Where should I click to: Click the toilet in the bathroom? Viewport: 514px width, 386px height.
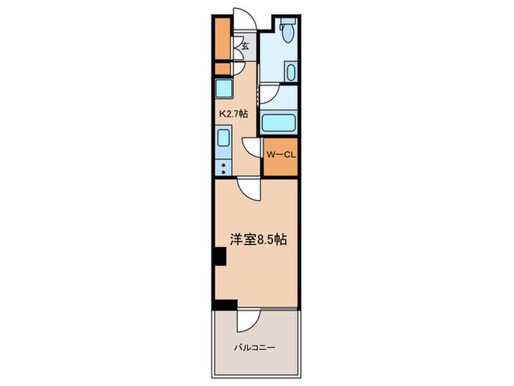[288, 31]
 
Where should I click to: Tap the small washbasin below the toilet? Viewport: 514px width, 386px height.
[290, 73]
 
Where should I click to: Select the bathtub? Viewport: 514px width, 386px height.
[278, 124]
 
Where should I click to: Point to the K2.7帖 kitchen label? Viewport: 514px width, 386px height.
[234, 115]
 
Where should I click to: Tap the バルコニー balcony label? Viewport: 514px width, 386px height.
[256, 347]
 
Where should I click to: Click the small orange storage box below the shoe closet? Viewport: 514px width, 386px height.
[222, 69]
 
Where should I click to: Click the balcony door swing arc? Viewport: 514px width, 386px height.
[249, 321]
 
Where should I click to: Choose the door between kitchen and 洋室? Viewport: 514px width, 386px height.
[250, 188]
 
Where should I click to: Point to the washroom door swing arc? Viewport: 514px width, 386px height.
[269, 93]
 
